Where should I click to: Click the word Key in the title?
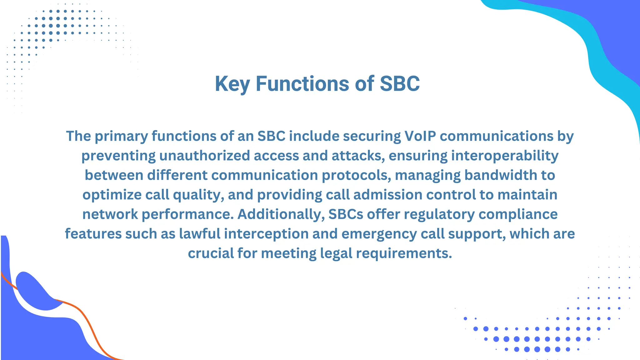pos(232,84)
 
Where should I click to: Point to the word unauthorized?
pos(204,156)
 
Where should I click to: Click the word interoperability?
pos(505,156)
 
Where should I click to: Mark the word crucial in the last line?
pos(210,253)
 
